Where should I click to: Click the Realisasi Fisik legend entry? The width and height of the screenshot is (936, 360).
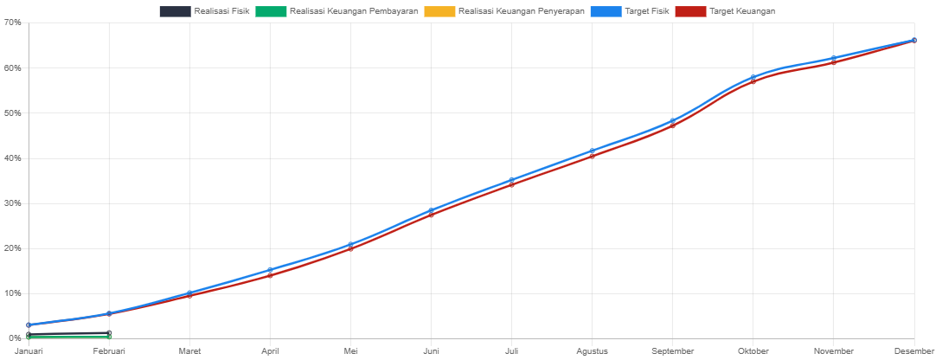click(x=205, y=11)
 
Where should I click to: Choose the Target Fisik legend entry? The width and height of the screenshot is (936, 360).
click(x=629, y=11)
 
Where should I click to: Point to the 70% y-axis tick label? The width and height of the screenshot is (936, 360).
click(x=12, y=22)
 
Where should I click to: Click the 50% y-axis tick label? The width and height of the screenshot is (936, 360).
click(x=12, y=113)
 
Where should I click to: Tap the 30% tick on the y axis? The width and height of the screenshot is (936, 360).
click(x=12, y=203)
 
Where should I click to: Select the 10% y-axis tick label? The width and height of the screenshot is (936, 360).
click(x=12, y=293)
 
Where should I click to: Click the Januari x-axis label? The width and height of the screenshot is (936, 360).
click(x=29, y=351)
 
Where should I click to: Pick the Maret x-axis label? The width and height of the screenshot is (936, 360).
click(x=189, y=351)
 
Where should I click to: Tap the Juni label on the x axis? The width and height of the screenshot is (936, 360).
click(x=431, y=351)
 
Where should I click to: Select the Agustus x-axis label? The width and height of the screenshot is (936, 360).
click(x=592, y=351)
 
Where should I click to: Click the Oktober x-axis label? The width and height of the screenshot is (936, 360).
click(x=753, y=351)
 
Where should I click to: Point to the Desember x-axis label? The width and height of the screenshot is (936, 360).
click(x=914, y=351)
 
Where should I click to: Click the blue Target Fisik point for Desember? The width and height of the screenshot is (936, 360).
click(x=914, y=40)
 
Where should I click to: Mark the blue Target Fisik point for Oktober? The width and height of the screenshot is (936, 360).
click(x=753, y=78)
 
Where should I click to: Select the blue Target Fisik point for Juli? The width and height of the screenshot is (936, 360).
click(x=511, y=180)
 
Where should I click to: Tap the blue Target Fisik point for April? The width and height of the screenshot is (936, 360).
click(x=270, y=270)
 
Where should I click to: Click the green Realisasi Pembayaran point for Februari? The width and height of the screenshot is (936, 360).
click(x=109, y=336)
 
